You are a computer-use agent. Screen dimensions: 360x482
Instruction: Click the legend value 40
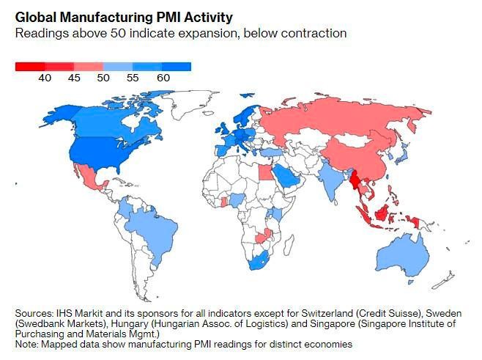click(x=45, y=78)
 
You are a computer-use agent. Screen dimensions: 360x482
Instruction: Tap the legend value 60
click(x=163, y=78)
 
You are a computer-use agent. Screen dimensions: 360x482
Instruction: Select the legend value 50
click(x=104, y=78)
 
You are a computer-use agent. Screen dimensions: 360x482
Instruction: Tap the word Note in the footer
click(x=26, y=344)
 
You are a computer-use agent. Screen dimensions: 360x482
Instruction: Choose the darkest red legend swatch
click(x=29, y=67)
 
